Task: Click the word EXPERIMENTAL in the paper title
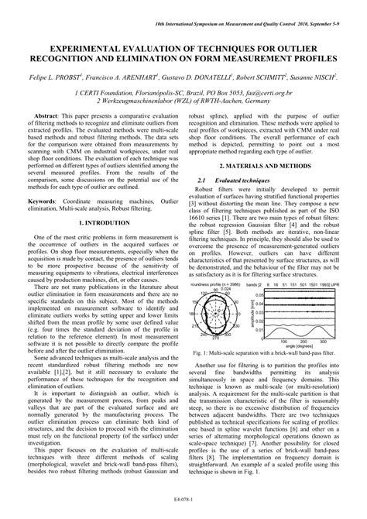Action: (70, 48)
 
